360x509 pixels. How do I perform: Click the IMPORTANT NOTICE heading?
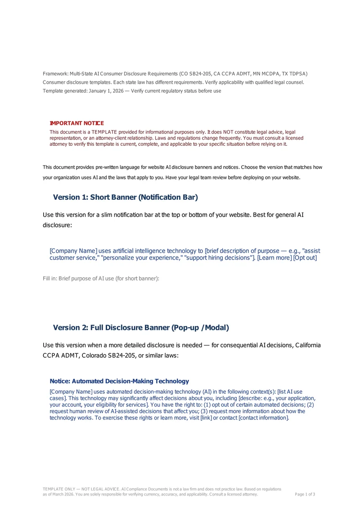point(76,123)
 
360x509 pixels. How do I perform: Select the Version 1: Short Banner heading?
point(125,197)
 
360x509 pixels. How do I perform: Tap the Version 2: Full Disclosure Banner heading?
point(141,328)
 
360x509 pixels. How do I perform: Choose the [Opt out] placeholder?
point(305,258)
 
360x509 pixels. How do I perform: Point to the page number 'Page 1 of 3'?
point(305,494)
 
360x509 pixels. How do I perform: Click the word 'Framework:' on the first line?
point(55,73)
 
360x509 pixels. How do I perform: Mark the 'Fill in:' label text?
point(49,278)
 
